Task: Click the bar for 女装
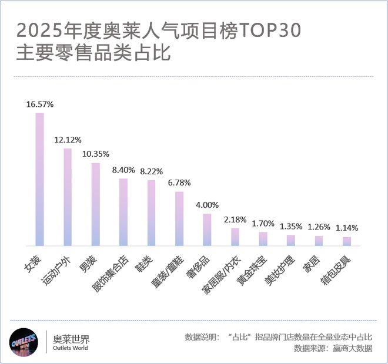click(x=40, y=179)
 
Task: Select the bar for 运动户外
click(x=68, y=197)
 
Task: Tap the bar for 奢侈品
click(x=207, y=230)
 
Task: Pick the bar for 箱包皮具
click(x=347, y=241)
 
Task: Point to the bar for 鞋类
click(x=151, y=213)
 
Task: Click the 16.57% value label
click(x=40, y=104)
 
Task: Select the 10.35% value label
click(x=96, y=154)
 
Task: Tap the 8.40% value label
click(x=123, y=170)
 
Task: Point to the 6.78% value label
click(x=179, y=183)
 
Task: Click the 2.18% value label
click(x=235, y=220)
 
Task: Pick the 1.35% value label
click(x=291, y=226)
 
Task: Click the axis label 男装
click(x=88, y=260)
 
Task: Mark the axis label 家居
click(x=312, y=260)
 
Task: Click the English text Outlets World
click(x=71, y=348)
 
